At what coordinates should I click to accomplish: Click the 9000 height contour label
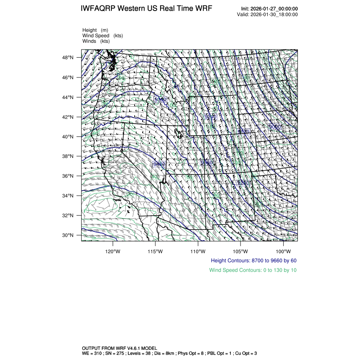click(x=275, y=127)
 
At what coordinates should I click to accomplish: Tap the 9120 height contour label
click(x=243, y=132)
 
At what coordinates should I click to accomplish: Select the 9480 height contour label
click(x=159, y=164)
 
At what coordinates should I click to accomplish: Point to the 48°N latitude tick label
click(x=69, y=58)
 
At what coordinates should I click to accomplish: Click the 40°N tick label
click(x=69, y=137)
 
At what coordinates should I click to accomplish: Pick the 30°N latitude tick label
click(x=69, y=235)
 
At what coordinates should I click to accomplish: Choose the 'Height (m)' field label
click(x=95, y=30)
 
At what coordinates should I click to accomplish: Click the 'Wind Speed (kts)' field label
click(x=103, y=36)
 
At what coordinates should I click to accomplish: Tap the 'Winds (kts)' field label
click(x=96, y=41)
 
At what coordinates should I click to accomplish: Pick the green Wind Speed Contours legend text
click(x=253, y=270)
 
